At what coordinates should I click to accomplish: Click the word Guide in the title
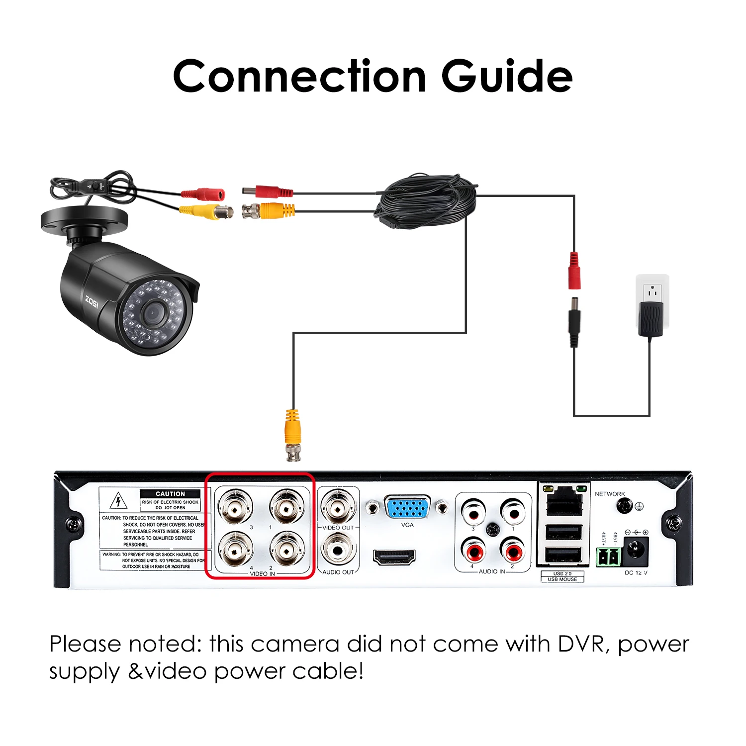coord(507,76)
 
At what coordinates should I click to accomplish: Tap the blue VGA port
coord(407,508)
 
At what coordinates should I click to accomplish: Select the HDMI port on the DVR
coord(394,557)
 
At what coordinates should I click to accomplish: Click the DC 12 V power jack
coord(635,552)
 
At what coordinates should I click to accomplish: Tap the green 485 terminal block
coord(609,557)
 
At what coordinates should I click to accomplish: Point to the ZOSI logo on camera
coord(92,301)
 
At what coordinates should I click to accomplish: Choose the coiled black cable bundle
coord(425,201)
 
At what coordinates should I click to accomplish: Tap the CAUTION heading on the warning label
coord(170,494)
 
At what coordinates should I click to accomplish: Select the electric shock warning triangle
coord(118,500)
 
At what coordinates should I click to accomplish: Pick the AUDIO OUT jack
coord(338,550)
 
